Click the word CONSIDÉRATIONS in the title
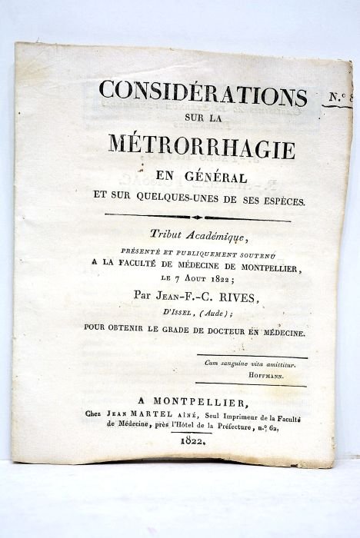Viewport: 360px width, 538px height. click(202, 93)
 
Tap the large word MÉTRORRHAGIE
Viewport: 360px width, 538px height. click(202, 145)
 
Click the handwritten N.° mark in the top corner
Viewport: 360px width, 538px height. click(341, 97)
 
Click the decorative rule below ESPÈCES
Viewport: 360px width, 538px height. click(197, 218)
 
